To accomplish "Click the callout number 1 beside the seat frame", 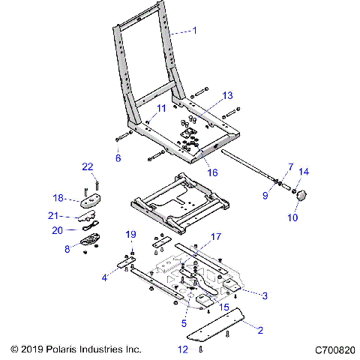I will tap(195, 31).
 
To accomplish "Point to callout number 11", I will tap(161, 109).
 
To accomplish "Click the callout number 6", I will tap(118, 158).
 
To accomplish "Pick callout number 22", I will tap(87, 166).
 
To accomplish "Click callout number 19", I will tap(130, 234).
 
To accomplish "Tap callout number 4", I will tap(105, 277).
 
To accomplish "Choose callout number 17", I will tap(216, 237).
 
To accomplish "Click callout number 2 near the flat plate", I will tap(260, 329).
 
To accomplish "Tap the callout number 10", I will tap(292, 217).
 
